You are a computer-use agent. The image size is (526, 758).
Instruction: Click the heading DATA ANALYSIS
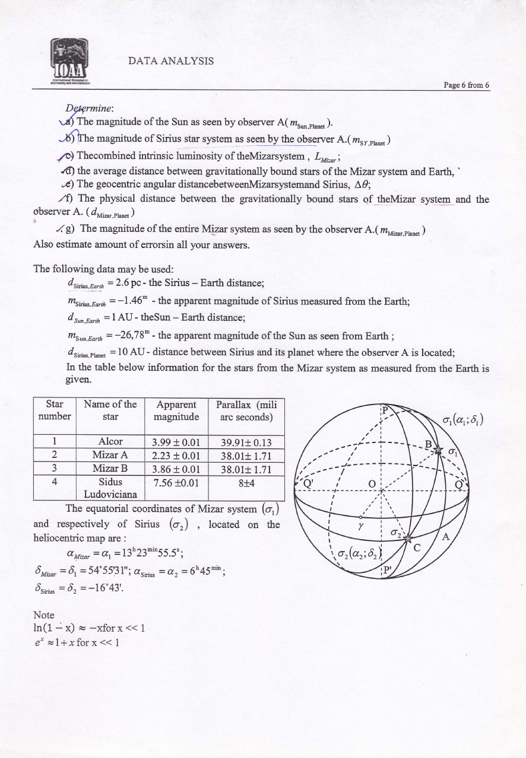click(171, 61)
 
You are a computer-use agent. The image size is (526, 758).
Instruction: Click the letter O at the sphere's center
click(372, 483)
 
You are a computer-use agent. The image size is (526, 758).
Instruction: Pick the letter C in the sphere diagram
click(417, 548)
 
